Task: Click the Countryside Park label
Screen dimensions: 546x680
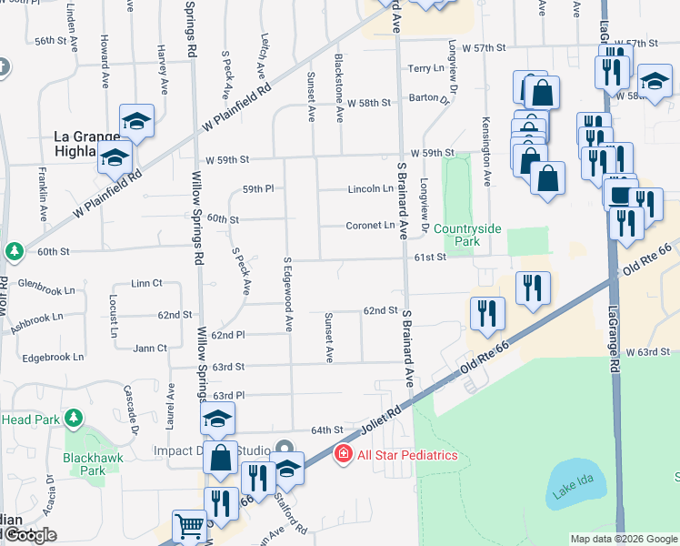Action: tap(466, 235)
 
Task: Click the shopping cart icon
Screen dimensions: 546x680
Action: tap(189, 525)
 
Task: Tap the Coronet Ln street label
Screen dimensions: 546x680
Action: tap(370, 226)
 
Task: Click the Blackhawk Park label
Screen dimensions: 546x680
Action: tap(87, 464)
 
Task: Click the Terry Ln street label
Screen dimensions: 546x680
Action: tap(425, 69)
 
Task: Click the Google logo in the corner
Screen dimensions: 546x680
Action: tap(29, 535)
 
